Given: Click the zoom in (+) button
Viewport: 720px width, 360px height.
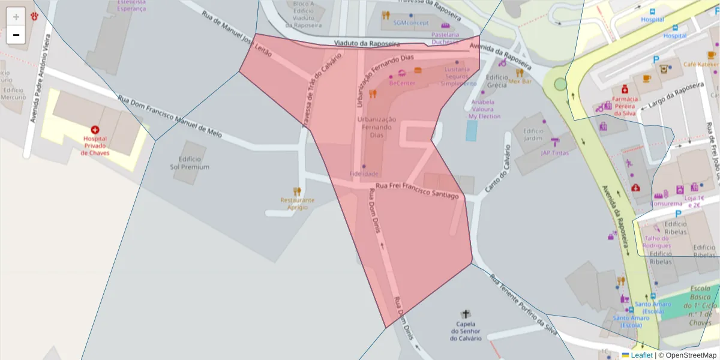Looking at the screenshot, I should click(x=16, y=17).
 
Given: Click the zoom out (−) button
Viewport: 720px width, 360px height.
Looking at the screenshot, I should click(x=16, y=35).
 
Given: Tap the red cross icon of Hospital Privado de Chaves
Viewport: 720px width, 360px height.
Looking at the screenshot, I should click(x=95, y=130).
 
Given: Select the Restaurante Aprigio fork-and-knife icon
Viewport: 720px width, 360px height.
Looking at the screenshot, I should click(x=297, y=191).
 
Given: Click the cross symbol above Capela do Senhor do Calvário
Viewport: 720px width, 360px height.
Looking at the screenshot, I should click(x=466, y=314).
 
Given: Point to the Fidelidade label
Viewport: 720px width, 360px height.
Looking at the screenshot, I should click(x=364, y=173).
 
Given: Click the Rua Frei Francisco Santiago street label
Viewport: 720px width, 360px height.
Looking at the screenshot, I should click(x=418, y=190).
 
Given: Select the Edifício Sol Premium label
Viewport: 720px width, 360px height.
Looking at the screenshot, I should click(x=190, y=163).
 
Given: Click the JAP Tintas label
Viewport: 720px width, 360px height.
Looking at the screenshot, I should click(x=554, y=152).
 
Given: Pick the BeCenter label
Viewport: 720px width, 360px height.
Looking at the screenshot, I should click(x=402, y=83).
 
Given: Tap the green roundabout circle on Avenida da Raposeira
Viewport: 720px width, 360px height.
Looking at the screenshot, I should click(x=560, y=84).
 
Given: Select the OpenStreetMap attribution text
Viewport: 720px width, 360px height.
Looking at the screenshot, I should click(x=691, y=355).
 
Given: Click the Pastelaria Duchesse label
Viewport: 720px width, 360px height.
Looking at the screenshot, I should click(x=445, y=38).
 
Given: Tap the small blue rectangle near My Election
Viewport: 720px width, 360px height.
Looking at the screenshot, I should click(x=472, y=130).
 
